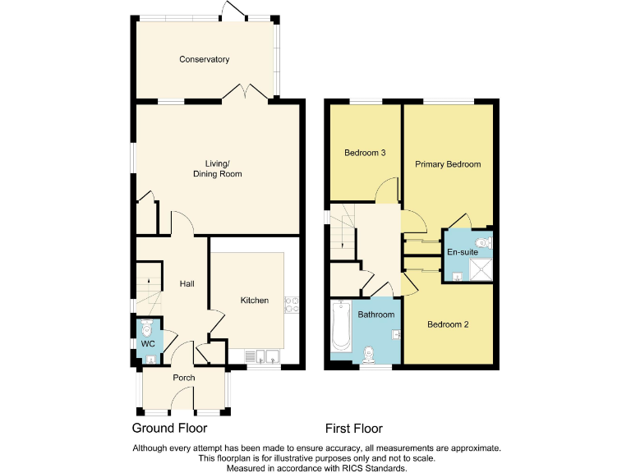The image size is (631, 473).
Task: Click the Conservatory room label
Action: pos(205,59)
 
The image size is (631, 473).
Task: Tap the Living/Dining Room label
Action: pos(217,168)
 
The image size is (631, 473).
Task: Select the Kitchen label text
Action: pos(254,301)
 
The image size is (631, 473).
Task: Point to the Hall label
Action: pos(187,284)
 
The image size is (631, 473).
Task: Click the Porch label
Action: pos(183,378)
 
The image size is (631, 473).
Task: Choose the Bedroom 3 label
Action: pos(365,153)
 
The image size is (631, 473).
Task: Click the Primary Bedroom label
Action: pos(447,164)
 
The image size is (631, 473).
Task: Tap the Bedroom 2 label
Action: pos(448,324)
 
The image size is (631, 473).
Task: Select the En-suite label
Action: pos(462,252)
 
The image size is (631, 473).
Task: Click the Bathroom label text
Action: pos(376,315)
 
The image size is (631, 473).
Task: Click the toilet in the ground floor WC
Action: pos(147,329)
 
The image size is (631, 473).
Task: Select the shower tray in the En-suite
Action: pos(483,269)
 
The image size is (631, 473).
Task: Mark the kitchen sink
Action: pos(264,356)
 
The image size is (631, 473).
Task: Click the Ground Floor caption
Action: pos(169,429)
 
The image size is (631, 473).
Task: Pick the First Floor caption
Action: pos(354,429)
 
